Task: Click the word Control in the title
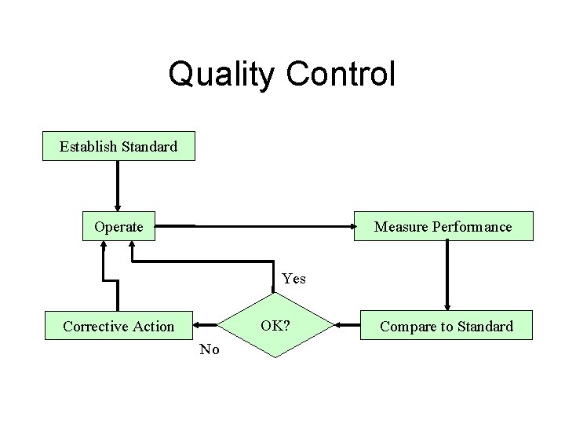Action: coord(341,75)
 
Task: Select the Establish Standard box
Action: coord(118,146)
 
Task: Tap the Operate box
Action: coord(118,227)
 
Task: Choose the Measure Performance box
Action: coord(443,227)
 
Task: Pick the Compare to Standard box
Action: coord(447,326)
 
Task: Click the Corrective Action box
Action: coord(118,326)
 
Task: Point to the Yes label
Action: coord(293,279)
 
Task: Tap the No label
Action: coord(210,349)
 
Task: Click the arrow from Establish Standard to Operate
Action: coord(118,186)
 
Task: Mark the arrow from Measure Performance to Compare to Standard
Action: coord(447,275)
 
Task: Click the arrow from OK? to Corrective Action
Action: coord(206,324)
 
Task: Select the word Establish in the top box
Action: coord(87,146)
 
